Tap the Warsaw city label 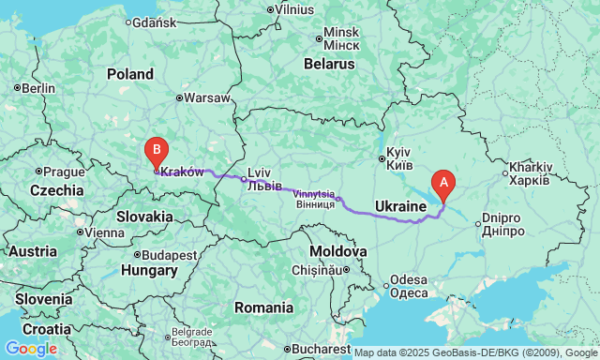tap(206, 97)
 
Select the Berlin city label tap(37, 88)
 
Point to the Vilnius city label tap(293, 10)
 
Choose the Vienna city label tap(104, 232)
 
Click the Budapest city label tap(170, 254)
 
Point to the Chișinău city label tap(317, 270)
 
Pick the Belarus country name tap(329, 65)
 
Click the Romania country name tap(264, 307)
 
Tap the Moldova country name tap(337, 252)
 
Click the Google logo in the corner tap(30, 349)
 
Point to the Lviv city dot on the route tap(243, 178)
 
